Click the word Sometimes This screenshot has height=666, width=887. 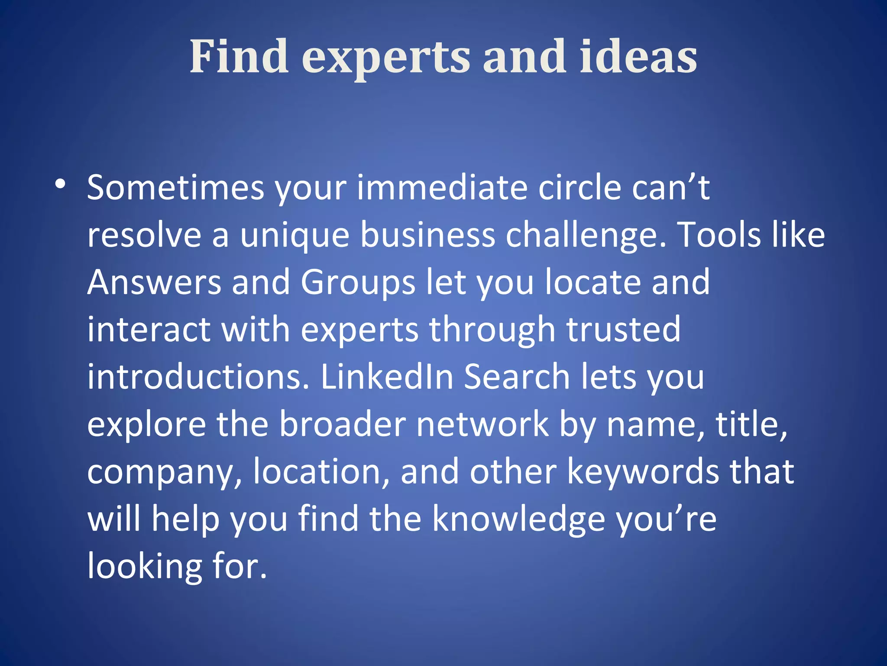pyautogui.click(x=175, y=188)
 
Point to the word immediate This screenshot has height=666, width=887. pyautogui.click(x=442, y=188)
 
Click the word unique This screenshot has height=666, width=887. pyautogui.click(x=295, y=235)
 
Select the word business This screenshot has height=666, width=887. pyautogui.click(x=428, y=235)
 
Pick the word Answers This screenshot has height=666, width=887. pyautogui.click(x=154, y=282)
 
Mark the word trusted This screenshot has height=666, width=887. pyautogui.click(x=624, y=330)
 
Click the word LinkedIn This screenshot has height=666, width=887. pyautogui.click(x=387, y=377)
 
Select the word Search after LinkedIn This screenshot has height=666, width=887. pyautogui.click(x=517, y=377)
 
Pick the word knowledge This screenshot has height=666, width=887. pyautogui.click(x=518, y=519)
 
